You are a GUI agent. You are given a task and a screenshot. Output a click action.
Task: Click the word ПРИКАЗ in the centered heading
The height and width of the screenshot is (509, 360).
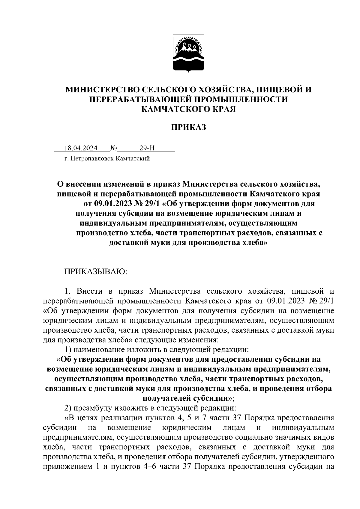point(189,127)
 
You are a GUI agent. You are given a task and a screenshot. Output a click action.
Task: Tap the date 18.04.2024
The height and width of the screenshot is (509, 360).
point(81,148)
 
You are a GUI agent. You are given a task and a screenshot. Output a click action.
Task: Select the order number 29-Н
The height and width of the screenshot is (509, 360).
point(147,148)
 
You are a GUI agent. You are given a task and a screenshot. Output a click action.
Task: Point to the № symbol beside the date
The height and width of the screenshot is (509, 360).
point(113,148)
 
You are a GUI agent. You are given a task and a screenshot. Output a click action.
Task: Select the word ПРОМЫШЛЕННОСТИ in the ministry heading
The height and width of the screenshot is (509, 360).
point(239,99)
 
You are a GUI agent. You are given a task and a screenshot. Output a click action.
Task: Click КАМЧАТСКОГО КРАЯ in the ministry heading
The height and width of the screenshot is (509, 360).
point(189,109)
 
